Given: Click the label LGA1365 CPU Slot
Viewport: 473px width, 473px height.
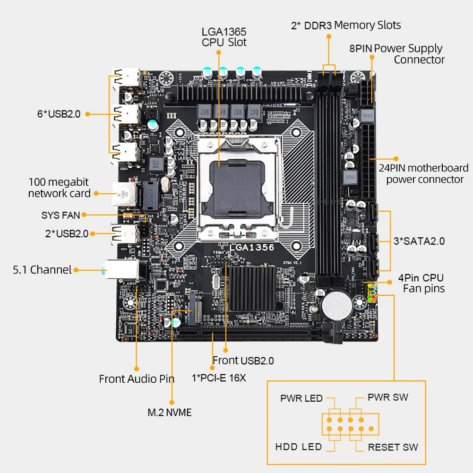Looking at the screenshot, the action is (224, 37).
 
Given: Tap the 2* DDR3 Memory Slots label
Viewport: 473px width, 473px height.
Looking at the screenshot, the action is (346, 26).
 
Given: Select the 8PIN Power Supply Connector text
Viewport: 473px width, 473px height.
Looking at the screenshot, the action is (396, 54).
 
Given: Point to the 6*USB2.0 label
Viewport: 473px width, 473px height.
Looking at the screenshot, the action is (59, 114).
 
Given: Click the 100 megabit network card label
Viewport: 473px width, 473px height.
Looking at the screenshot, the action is (59, 188).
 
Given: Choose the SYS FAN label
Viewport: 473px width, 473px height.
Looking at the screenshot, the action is (60, 215).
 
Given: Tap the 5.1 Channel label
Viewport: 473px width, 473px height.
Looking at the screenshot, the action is (42, 270).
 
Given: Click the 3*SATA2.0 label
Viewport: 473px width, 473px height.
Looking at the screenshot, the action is (419, 241).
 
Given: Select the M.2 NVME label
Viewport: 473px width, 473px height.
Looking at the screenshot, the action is (170, 413).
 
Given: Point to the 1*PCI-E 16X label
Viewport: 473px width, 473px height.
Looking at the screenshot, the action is (219, 378).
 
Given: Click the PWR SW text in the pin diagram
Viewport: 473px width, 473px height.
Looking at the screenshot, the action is (388, 397).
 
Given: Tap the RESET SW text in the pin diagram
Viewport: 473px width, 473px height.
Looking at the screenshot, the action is (393, 447).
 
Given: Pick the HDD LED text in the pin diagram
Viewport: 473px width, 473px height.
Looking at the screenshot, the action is (299, 447).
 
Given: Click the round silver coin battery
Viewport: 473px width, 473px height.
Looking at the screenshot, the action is (336, 305).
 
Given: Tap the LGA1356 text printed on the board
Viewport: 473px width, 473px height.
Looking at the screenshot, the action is (252, 247).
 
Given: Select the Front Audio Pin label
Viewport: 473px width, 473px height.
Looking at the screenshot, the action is (137, 379).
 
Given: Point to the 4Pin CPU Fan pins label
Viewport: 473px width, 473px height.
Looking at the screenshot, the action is (421, 283).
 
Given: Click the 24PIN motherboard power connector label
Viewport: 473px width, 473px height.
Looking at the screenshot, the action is (424, 173).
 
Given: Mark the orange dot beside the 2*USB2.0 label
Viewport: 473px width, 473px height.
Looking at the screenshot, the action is (92, 234).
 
